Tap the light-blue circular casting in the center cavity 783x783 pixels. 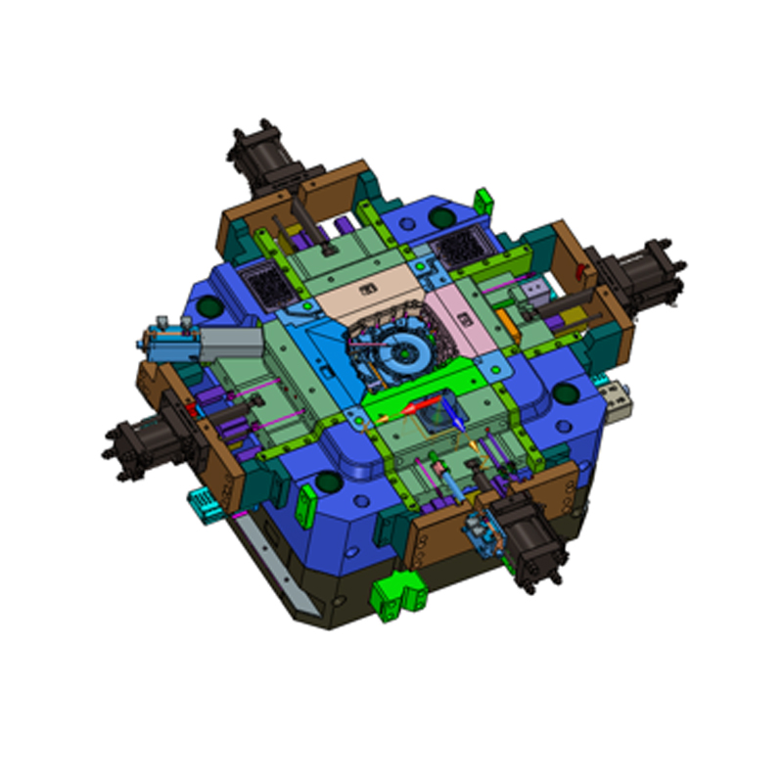pyautogui.click(x=400, y=347)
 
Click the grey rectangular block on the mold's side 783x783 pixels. pyautogui.click(x=231, y=343)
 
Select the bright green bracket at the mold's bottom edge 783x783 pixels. pyautogui.click(x=395, y=594)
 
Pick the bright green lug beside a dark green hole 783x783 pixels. pyautogui.click(x=481, y=201)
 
